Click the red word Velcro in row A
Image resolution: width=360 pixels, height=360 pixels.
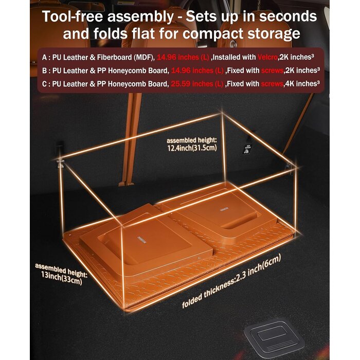[x=267, y=57]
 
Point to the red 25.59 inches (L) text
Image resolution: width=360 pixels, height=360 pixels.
[x=197, y=84]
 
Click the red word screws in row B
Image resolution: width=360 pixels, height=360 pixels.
[x=272, y=71]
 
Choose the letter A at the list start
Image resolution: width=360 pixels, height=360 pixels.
[x=45, y=57]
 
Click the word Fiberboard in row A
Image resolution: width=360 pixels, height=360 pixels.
[x=114, y=57]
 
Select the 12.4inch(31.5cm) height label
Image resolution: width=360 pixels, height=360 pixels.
[x=192, y=148]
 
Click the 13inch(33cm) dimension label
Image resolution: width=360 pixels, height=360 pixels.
[x=62, y=278]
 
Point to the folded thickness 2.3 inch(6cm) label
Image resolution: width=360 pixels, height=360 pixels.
[x=231, y=281]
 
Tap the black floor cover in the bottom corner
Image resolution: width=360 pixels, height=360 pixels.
[x=274, y=337]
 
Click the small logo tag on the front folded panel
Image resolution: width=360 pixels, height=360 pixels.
[x=142, y=239]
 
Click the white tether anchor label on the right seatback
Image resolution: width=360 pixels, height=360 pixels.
[x=247, y=149]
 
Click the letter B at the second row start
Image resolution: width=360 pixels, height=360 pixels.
[x=45, y=71]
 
